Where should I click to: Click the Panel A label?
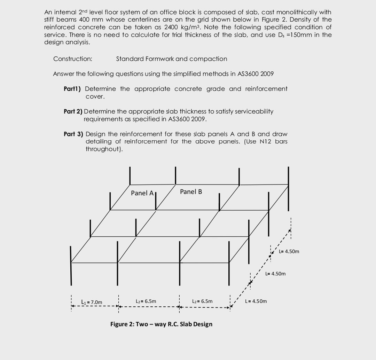point(142,193)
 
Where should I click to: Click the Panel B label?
point(191,192)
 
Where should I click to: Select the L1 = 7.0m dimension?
point(92,302)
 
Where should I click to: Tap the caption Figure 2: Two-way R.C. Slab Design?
point(161,324)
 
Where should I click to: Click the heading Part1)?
point(73,89)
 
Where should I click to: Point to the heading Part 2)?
point(73,111)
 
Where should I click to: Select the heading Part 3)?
point(73,134)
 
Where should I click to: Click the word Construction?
point(73,59)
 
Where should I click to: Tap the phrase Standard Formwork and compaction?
point(172,59)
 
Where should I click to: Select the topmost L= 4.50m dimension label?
point(289,251)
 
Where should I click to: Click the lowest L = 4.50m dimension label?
point(256,301)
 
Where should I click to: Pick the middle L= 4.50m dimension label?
point(275,274)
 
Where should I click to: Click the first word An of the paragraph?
point(48,12)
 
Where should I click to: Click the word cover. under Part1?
point(95,96)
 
